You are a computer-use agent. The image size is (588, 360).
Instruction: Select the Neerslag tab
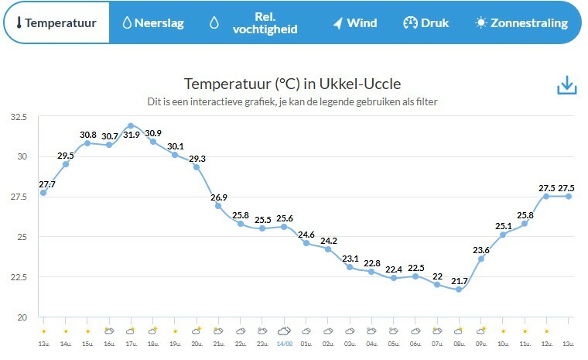153,22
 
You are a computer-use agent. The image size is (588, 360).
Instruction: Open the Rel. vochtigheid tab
255,22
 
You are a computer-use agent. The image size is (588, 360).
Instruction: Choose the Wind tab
355,22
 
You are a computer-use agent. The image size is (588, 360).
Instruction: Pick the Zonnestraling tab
521,22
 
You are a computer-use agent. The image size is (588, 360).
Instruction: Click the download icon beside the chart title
567,85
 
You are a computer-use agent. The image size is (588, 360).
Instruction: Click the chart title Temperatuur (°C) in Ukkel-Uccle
292,84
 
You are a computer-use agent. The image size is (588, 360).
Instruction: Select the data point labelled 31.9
131,125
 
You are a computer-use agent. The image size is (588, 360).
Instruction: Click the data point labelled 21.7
459,289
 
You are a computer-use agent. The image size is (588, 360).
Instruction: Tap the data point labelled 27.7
43,193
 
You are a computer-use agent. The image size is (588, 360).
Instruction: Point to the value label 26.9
218,197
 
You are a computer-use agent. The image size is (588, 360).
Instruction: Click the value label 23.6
481,249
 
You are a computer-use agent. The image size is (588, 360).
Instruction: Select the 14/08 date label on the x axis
284,342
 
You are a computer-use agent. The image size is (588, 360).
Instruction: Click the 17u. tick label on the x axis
131,342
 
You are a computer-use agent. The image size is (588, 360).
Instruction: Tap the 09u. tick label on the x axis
481,342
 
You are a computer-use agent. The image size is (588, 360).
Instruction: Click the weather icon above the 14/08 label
284,331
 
